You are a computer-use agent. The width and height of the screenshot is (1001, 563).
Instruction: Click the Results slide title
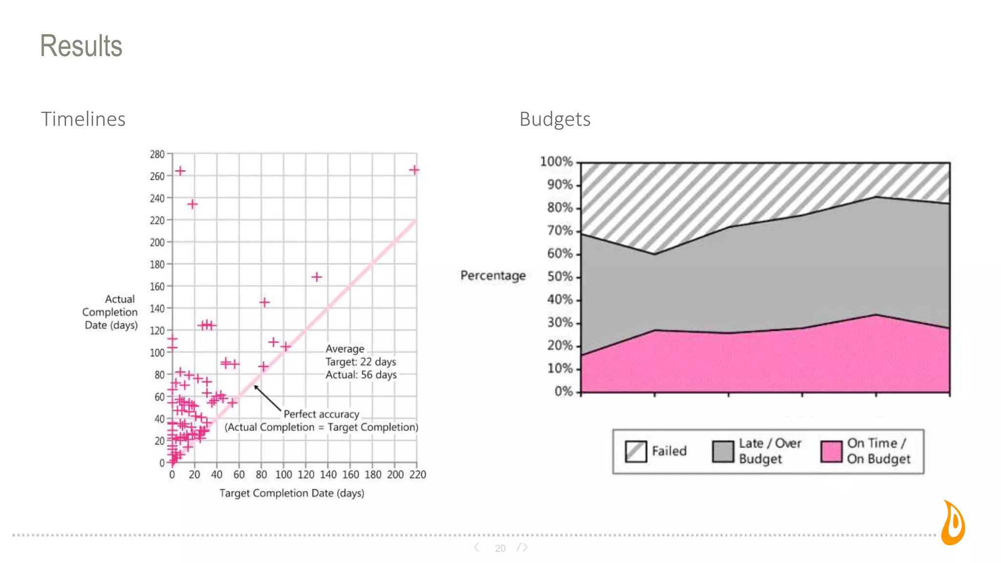pyautogui.click(x=81, y=46)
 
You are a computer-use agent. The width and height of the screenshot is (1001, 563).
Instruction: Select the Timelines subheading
pyautogui.click(x=83, y=119)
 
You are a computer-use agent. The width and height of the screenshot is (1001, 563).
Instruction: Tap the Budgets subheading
pyautogui.click(x=555, y=119)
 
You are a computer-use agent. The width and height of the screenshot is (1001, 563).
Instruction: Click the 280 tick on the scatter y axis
pyautogui.click(x=157, y=154)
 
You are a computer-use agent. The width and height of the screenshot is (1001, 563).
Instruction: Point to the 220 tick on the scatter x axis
pyautogui.click(x=417, y=475)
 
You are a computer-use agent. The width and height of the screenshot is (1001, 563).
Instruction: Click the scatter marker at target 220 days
pyautogui.click(x=414, y=170)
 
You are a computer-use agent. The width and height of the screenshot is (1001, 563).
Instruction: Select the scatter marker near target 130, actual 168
pyautogui.click(x=317, y=277)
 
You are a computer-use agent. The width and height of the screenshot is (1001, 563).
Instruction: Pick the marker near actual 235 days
pyautogui.click(x=192, y=204)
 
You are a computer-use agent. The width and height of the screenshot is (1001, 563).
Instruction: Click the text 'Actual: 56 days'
pyautogui.click(x=361, y=375)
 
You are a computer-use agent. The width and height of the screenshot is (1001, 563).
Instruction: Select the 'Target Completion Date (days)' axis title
pyautogui.click(x=292, y=493)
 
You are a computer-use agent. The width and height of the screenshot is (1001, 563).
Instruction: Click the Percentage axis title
pyautogui.click(x=493, y=276)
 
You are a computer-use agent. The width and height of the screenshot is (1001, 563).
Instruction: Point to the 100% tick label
pyautogui.click(x=556, y=162)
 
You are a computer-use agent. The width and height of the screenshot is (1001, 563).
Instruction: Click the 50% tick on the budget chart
pyautogui.click(x=560, y=277)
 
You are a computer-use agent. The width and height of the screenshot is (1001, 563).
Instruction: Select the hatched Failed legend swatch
pyautogui.click(x=636, y=451)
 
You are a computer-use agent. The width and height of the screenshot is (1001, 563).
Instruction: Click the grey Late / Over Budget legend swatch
pyautogui.click(x=723, y=451)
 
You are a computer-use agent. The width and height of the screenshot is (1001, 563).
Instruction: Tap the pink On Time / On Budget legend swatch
pyautogui.click(x=831, y=451)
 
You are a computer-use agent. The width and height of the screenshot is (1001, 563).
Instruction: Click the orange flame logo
pyautogui.click(x=953, y=523)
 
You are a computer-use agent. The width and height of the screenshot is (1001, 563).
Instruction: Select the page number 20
pyautogui.click(x=500, y=548)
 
